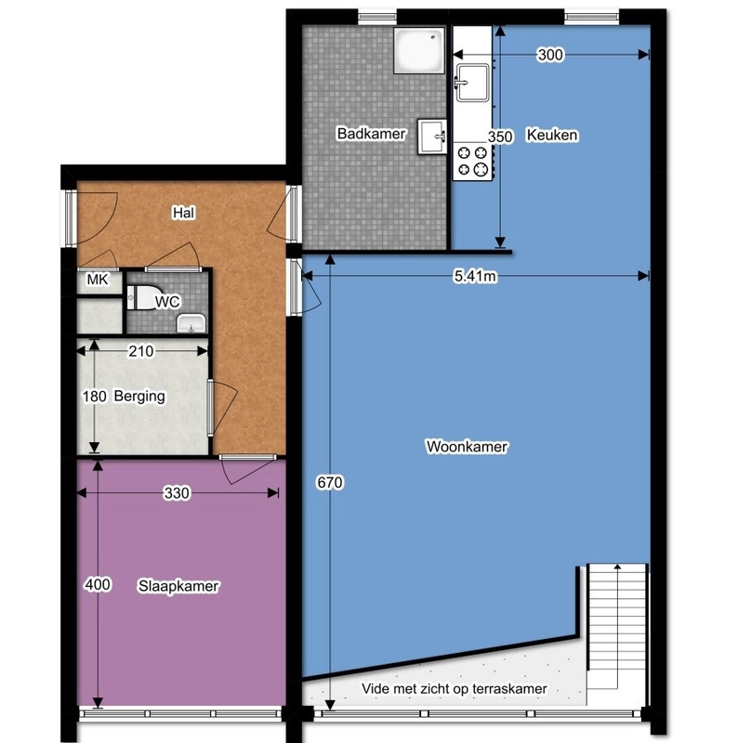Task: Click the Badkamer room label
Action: click(372, 134)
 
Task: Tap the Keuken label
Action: click(552, 135)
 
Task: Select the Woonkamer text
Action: click(468, 447)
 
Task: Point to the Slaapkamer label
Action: click(178, 586)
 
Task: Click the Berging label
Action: click(139, 397)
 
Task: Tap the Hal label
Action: click(183, 213)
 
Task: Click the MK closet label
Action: click(98, 280)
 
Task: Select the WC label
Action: click(167, 301)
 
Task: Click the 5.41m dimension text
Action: click(475, 276)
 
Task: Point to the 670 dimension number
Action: click(330, 482)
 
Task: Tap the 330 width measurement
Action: click(177, 493)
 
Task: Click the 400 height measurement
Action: click(98, 585)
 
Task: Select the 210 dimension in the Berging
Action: click(141, 351)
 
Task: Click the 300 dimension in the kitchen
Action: click(550, 55)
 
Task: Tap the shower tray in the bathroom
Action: click(419, 50)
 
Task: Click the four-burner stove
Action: click(472, 161)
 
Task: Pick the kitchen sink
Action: click(472, 83)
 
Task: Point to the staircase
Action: click(617, 626)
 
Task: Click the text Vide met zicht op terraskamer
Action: click(454, 688)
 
